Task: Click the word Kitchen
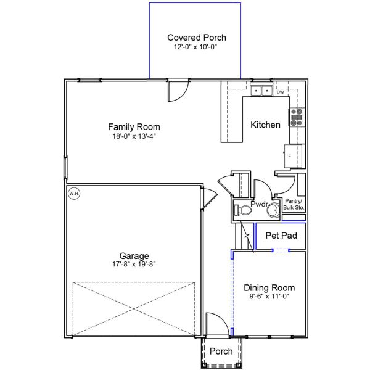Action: (265, 125)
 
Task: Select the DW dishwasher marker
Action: (280, 92)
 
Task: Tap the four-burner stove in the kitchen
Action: (297, 117)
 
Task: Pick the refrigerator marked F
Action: (293, 156)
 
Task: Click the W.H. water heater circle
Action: (74, 194)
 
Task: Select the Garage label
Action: (134, 256)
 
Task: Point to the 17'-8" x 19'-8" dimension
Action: (134, 265)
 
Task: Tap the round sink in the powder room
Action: (273, 211)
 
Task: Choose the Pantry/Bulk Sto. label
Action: (294, 205)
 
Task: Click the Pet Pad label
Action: (281, 236)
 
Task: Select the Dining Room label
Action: (269, 287)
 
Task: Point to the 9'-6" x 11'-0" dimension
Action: (269, 297)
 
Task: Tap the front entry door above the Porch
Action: (215, 324)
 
